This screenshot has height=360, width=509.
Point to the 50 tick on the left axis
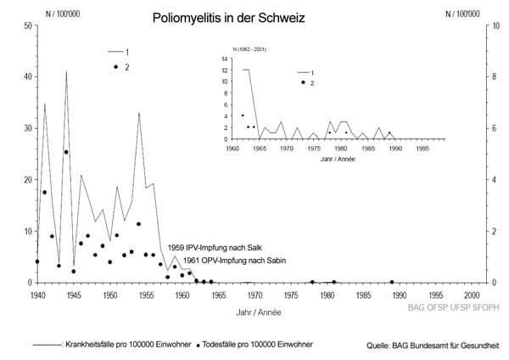pyautogui.click(x=28, y=25)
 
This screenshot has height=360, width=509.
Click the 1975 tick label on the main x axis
pyautogui.click(x=291, y=295)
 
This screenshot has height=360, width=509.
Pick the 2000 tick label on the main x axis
pyautogui.click(x=472, y=295)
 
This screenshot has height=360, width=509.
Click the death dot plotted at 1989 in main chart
pyautogui.click(x=392, y=282)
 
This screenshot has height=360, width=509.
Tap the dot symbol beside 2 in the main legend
pyautogui.click(x=115, y=66)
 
